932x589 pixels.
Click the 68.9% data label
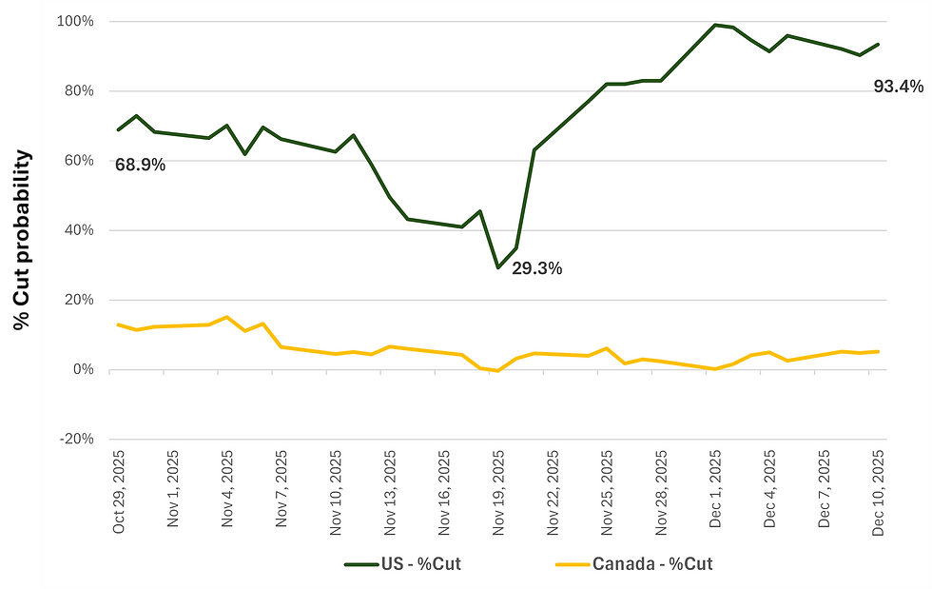click(x=140, y=165)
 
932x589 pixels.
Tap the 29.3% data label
click(x=536, y=268)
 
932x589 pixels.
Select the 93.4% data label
click(x=898, y=87)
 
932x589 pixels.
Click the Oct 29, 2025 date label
click(x=119, y=492)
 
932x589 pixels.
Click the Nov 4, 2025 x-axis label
click(x=227, y=492)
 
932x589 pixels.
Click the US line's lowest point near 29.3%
click(x=497, y=267)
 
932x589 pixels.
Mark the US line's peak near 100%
click(x=715, y=25)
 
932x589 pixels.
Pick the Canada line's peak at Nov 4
click(x=226, y=317)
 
